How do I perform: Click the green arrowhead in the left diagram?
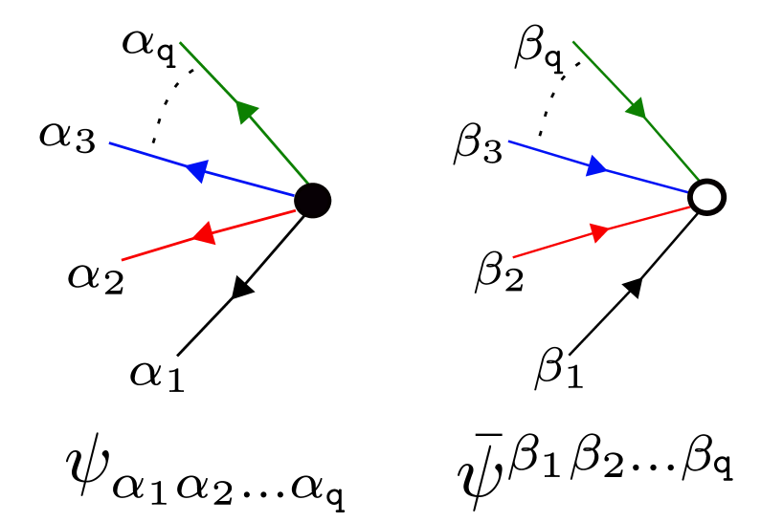(246, 112)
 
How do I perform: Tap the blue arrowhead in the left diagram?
(197, 170)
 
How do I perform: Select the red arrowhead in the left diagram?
(203, 234)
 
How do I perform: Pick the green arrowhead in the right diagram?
(637, 108)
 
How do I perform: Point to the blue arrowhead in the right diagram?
(596, 166)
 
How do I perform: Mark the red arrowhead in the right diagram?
(599, 232)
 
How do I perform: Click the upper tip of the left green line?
(180, 43)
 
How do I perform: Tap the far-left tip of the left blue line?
(110, 143)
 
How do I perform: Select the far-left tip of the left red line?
(122, 259)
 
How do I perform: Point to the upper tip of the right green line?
(572, 42)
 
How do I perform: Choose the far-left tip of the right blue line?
(508, 141)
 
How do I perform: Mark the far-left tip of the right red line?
(513, 257)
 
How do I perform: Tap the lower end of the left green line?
(307, 182)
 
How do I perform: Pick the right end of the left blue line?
(293, 195)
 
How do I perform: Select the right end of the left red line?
(296, 210)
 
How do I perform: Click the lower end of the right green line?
(699, 179)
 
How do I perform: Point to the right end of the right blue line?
(687, 192)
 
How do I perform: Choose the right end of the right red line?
(689, 207)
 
